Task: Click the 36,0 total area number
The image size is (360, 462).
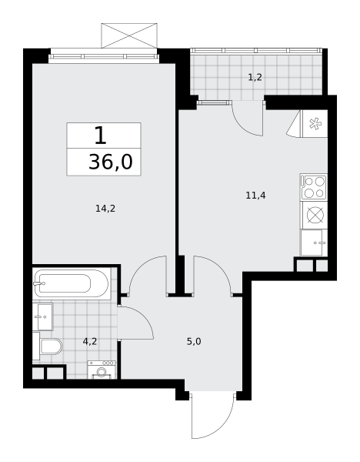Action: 111,162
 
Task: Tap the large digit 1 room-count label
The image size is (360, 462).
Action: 100,136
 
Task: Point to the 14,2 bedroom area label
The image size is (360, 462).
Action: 105,209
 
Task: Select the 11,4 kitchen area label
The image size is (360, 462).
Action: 256,196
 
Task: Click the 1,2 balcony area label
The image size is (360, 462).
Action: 255,78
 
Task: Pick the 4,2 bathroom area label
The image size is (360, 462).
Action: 90,341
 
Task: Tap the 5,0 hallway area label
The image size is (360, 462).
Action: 194,341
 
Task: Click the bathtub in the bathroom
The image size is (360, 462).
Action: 72,283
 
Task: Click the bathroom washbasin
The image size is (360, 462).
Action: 42,316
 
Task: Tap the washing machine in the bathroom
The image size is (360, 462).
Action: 102,370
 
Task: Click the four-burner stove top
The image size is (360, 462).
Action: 314,187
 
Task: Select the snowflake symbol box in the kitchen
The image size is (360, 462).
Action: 315,124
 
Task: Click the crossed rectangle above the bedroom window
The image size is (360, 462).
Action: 129,35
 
